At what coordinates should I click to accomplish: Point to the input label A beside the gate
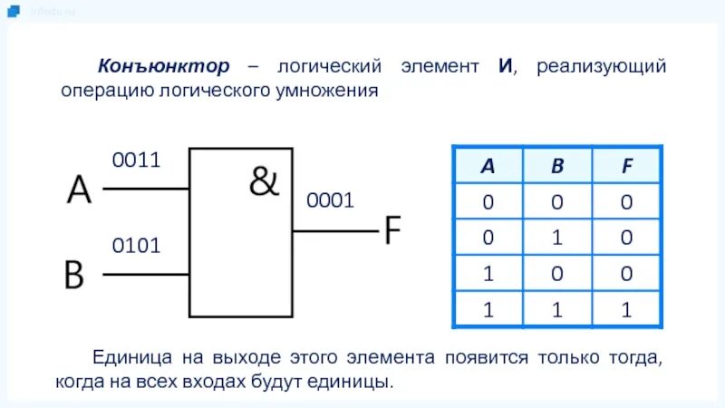coord(79,190)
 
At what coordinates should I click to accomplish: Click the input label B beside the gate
coord(73,274)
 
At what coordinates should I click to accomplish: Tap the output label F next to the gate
coord(391,231)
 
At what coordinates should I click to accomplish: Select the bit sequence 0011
coord(136,160)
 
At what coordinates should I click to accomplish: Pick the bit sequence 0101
coord(136,245)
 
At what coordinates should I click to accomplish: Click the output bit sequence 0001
coord(330,201)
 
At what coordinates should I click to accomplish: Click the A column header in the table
coord(488,166)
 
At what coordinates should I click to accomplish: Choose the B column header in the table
coord(557,166)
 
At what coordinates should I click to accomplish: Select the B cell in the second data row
coord(557,238)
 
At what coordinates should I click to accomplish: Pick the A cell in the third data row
coord(488,273)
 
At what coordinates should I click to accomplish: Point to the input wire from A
coord(146,189)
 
